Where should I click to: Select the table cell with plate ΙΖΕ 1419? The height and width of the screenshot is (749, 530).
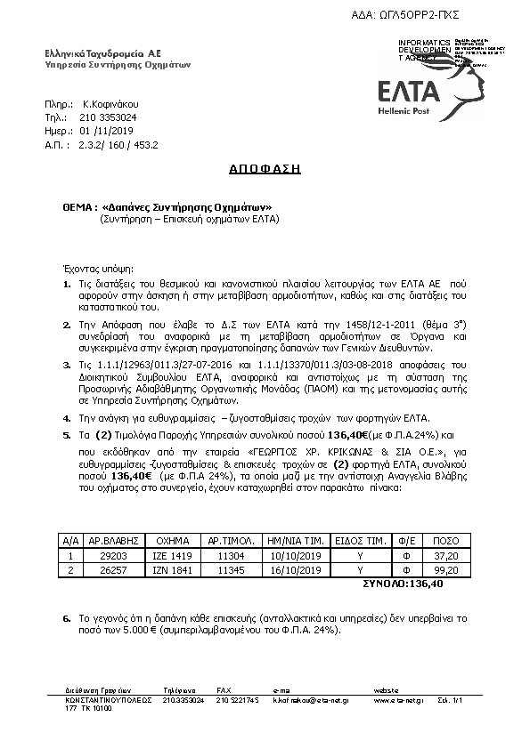[x=174, y=555]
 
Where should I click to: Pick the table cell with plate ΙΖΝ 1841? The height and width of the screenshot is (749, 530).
[x=174, y=570]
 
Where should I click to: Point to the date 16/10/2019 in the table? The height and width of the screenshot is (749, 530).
[x=292, y=570]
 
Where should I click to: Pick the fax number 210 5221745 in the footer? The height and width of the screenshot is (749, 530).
[x=238, y=700]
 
